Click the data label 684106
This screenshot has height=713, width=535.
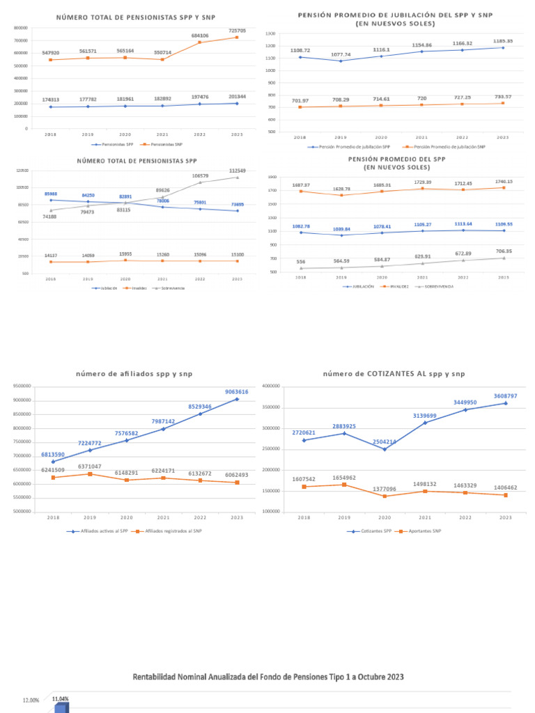pyautogui.click(x=200, y=36)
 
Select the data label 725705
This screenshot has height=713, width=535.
pyautogui.click(x=237, y=31)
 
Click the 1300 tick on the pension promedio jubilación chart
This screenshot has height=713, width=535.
pyautogui.click(x=270, y=33)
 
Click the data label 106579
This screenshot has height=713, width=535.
pyautogui.click(x=200, y=175)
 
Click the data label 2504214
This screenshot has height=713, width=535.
pyautogui.click(x=385, y=441)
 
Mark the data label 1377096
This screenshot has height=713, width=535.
pyautogui.click(x=385, y=489)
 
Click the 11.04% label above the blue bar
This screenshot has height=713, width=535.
pyautogui.click(x=61, y=698)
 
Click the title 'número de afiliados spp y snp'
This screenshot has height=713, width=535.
pyautogui.click(x=134, y=374)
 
